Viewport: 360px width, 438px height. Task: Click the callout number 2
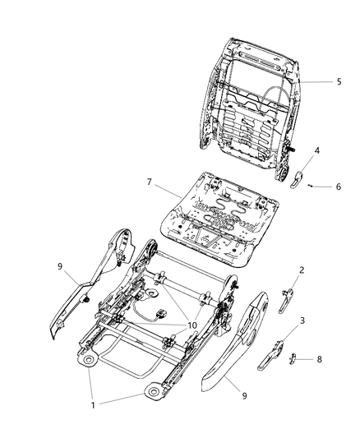pyautogui.click(x=302, y=293)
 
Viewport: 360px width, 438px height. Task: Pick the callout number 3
pyautogui.click(x=304, y=321)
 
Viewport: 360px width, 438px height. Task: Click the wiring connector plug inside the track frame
pyautogui.click(x=162, y=313)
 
